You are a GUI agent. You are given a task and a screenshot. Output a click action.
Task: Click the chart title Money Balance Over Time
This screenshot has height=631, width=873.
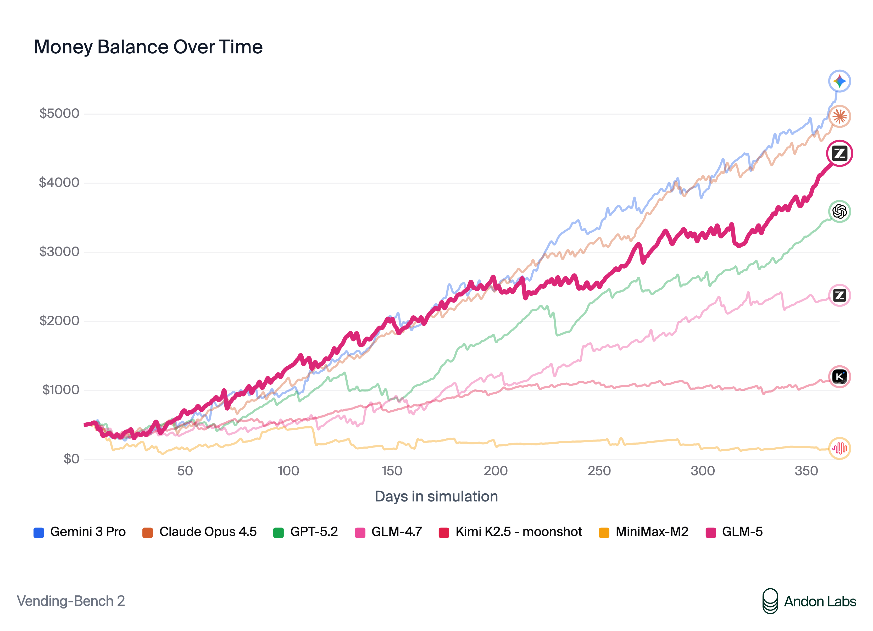pos(148,47)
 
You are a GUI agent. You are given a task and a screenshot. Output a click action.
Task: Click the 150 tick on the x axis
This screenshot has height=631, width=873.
pos(392,471)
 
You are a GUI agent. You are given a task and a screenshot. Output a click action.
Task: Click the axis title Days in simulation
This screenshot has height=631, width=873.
pos(436,496)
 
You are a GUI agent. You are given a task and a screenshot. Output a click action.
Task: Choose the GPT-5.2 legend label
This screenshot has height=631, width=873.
pos(314,532)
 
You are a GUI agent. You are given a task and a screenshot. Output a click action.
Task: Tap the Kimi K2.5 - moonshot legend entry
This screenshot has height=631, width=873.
pos(518,532)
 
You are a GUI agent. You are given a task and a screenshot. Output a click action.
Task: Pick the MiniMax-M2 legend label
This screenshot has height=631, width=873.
pos(652,532)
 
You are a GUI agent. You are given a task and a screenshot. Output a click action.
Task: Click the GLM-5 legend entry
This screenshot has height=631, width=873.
pos(742,532)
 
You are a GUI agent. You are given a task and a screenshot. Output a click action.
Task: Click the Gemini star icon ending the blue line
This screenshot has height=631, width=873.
pos(839,81)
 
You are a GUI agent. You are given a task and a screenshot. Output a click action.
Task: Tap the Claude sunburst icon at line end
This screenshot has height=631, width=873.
pos(839,116)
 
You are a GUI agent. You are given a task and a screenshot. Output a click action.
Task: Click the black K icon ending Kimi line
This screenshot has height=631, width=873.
pos(839,376)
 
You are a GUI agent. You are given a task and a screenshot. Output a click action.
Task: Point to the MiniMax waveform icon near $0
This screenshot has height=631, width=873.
pos(839,448)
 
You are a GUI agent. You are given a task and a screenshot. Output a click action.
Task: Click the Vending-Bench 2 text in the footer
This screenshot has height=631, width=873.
pos(71,601)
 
